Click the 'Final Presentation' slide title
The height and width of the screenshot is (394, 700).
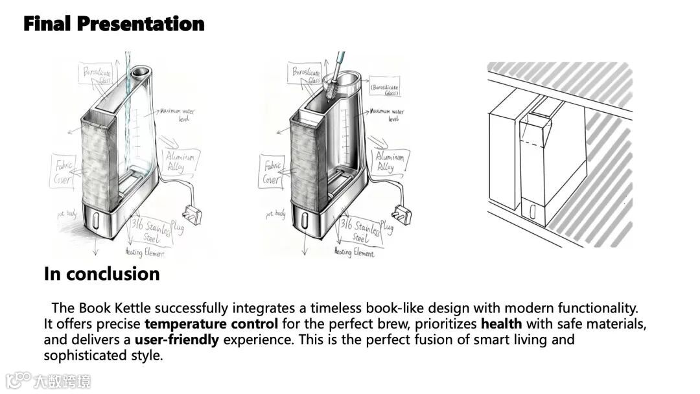click(x=113, y=24)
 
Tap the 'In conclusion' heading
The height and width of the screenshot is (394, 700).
click(x=102, y=273)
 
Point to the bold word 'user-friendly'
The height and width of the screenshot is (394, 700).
click(x=177, y=340)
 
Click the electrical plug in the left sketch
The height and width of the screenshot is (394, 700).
click(x=193, y=213)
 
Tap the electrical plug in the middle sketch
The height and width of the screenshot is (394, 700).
click(x=402, y=213)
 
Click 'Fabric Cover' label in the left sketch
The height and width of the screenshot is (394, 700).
click(x=63, y=170)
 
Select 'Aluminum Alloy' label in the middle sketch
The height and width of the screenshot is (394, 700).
click(x=390, y=162)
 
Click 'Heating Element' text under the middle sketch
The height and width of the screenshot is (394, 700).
click(x=354, y=252)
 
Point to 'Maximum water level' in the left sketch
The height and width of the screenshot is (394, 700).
click(x=177, y=115)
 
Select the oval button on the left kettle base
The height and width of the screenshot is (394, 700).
click(x=95, y=222)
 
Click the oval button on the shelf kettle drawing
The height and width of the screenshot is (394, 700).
click(x=532, y=212)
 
